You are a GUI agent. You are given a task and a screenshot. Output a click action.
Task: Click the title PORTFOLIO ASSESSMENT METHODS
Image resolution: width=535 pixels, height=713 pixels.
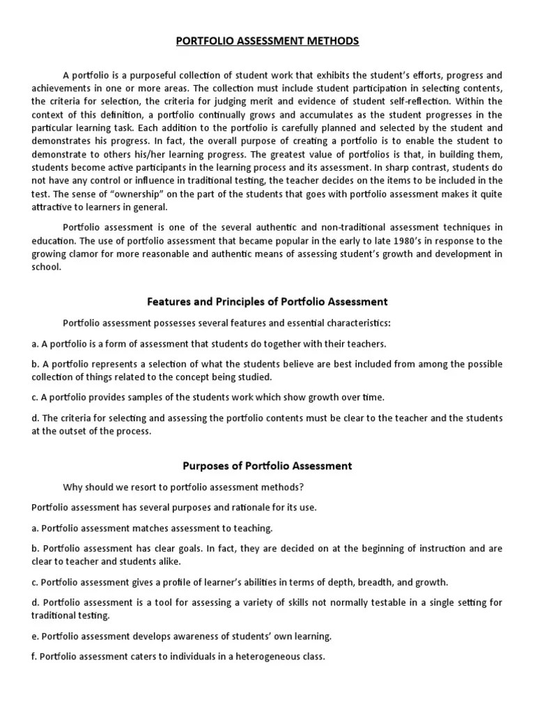click(267, 41)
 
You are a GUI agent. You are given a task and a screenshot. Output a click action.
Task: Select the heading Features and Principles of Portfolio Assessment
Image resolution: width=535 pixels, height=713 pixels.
click(267, 301)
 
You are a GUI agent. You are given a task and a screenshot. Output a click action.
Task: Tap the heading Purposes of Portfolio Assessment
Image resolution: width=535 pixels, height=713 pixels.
click(267, 466)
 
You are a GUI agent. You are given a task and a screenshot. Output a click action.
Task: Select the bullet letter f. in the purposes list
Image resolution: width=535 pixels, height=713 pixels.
click(35, 657)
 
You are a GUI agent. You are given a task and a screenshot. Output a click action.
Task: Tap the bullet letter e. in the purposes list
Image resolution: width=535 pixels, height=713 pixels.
click(36, 636)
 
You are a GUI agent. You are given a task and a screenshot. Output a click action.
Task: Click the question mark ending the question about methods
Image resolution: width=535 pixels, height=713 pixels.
click(302, 487)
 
